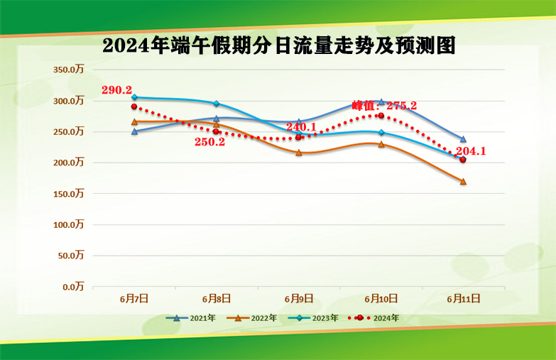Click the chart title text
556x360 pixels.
click(278, 46)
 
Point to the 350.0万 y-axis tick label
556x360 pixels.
click(69, 70)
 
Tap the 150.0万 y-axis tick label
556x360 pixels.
click(69, 194)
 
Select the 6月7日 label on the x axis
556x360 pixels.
click(134, 299)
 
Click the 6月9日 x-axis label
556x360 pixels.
click(299, 299)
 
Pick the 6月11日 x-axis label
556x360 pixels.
click(464, 299)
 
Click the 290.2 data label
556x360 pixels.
click(116, 90)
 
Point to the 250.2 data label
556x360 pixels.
click(209, 142)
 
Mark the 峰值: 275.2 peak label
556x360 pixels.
click(384, 106)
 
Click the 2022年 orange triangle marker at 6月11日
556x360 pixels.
click(463, 182)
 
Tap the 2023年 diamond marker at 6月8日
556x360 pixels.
click(217, 104)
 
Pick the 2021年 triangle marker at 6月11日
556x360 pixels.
click(463, 139)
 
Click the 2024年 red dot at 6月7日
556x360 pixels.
click(134, 107)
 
